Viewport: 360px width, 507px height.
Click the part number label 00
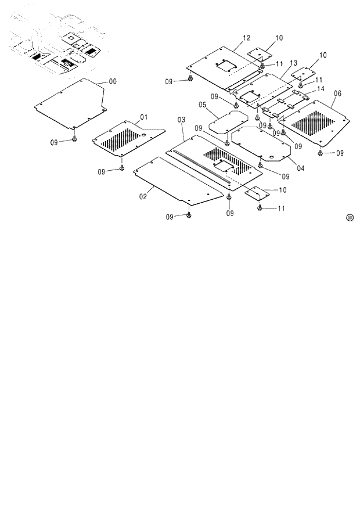click(x=113, y=82)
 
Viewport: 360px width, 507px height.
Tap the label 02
click(x=143, y=197)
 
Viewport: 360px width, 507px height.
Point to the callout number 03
click(x=181, y=120)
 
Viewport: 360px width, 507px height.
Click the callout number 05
click(x=337, y=93)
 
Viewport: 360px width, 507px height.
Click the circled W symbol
click(x=350, y=218)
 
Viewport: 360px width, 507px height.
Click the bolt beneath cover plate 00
click(x=75, y=139)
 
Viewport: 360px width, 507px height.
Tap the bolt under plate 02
click(x=189, y=215)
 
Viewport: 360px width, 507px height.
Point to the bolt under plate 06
click(x=321, y=153)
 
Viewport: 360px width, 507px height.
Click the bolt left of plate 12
click(x=191, y=80)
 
